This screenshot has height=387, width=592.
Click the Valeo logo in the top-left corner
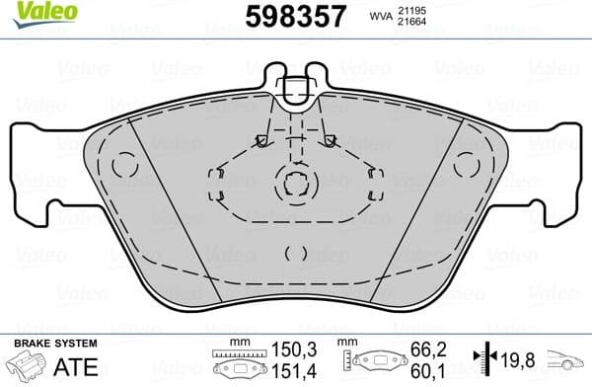[29, 12]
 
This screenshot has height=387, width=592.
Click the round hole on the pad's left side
[124, 165]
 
